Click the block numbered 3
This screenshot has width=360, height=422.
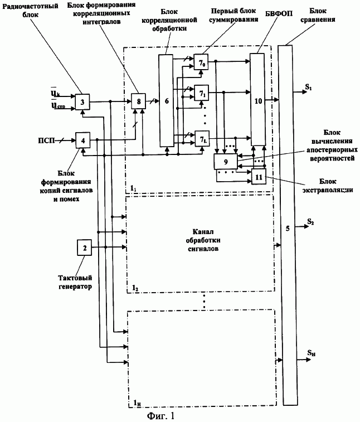(x=82, y=102)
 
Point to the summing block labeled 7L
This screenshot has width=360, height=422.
(x=201, y=137)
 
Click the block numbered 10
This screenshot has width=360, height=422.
(x=257, y=99)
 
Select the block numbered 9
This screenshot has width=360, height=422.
(x=225, y=162)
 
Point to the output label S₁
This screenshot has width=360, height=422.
(x=309, y=86)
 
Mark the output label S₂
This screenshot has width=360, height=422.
(x=310, y=222)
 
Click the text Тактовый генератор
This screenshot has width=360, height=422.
(x=75, y=283)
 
